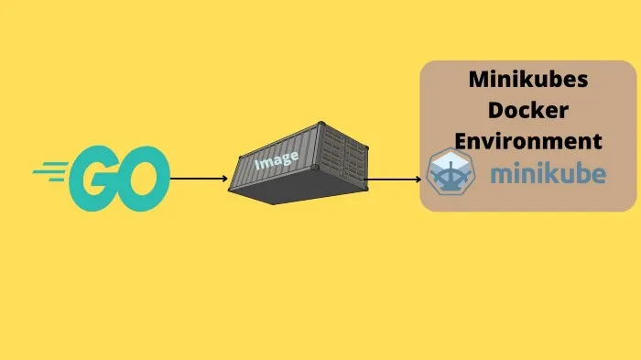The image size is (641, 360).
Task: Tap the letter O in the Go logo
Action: click(x=141, y=178)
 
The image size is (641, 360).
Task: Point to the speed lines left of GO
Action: click(x=49, y=170)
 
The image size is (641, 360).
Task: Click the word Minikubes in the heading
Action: click(x=528, y=80)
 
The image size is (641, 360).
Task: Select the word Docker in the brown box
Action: click(x=528, y=110)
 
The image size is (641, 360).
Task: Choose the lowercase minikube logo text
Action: click(x=547, y=173)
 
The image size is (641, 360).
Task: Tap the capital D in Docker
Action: click(x=495, y=110)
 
